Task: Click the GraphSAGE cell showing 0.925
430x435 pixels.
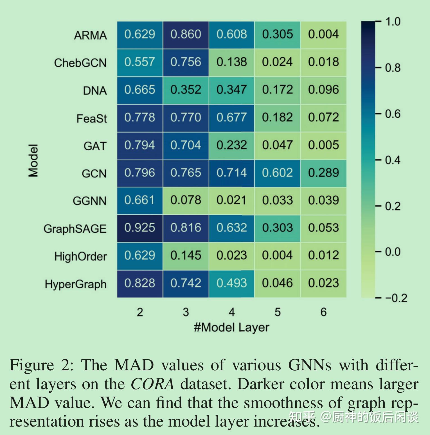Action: [x=140, y=228]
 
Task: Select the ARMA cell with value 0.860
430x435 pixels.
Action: [x=186, y=35]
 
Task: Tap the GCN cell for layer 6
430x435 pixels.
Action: [x=323, y=173]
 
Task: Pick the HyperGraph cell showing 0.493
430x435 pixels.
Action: [x=231, y=283]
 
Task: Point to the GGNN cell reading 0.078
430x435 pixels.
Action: [x=186, y=200]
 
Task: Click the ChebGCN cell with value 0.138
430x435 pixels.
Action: [x=231, y=62]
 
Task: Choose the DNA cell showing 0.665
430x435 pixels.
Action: [x=140, y=90]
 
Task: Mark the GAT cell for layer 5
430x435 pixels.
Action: [x=277, y=145]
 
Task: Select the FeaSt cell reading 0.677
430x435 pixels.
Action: [x=231, y=117]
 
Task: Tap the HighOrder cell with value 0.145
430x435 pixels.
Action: [x=186, y=256]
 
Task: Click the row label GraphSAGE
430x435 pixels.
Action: [x=75, y=229]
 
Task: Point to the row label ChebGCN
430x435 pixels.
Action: [x=80, y=63]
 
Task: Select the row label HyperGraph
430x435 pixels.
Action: [x=76, y=284]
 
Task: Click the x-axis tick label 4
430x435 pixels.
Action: [x=231, y=312]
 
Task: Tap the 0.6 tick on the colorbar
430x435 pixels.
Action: [x=393, y=114]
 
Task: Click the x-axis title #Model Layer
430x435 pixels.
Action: [x=231, y=327]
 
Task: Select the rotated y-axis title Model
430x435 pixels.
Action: [x=33, y=160]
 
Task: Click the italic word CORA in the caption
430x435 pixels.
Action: [x=152, y=384]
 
